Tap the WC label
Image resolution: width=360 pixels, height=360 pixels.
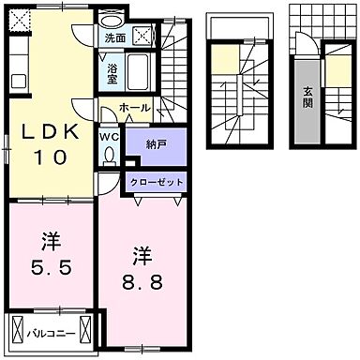(108, 137)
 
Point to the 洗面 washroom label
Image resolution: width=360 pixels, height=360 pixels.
(114, 38)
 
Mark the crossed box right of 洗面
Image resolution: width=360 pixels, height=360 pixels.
(142, 37)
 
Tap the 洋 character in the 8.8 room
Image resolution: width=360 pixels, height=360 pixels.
(141, 255)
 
